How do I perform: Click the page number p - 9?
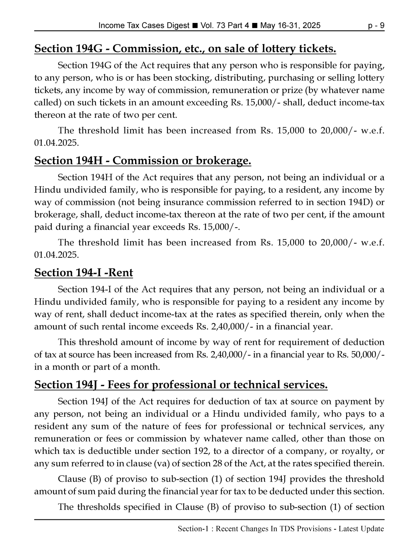[376, 25]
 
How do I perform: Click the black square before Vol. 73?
[195, 25]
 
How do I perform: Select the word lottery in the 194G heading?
[277, 49]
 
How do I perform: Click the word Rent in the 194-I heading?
[120, 273]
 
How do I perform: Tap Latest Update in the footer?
[361, 529]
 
